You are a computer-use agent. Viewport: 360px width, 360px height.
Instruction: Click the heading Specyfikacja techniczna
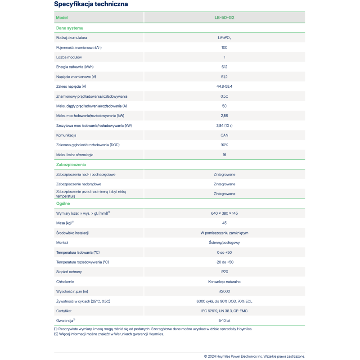point(90,4)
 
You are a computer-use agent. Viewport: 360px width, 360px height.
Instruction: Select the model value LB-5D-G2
point(224,18)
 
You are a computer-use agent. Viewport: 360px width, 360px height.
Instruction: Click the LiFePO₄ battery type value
point(224,38)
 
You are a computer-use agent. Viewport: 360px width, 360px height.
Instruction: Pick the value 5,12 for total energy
point(224,67)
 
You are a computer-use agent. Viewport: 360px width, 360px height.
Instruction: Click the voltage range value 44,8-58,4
point(224,86)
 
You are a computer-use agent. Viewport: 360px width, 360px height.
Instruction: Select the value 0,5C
point(224,96)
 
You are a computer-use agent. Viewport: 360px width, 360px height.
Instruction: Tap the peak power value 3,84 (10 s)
point(224,126)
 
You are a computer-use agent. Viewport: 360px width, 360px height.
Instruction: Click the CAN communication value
point(224,135)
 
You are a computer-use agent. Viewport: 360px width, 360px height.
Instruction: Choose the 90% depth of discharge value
point(224,145)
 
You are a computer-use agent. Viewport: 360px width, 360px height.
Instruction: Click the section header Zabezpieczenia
point(71,165)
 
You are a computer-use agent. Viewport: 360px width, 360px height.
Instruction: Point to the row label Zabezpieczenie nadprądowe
point(79,184)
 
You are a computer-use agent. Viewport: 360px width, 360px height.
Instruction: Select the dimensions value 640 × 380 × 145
point(224,213)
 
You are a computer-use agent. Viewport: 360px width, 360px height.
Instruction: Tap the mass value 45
point(224,223)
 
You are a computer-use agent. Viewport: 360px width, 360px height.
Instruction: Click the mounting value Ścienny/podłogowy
point(224,243)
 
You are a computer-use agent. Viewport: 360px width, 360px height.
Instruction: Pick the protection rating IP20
point(224,272)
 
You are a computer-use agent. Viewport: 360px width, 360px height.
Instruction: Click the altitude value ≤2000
point(224,291)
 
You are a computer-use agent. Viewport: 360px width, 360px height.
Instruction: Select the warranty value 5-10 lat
point(224,320)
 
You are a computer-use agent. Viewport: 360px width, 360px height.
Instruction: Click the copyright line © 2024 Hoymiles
point(254,356)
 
